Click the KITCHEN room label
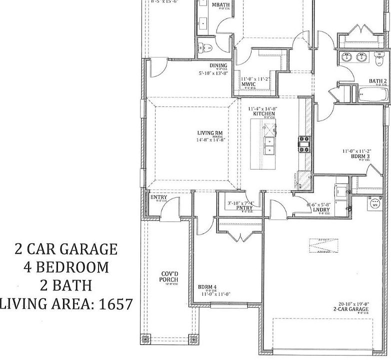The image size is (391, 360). click(264, 113)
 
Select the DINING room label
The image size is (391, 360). click(218, 65)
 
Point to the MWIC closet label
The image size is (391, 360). click(248, 84)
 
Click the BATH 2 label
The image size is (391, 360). click(378, 81)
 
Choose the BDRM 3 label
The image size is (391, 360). click(360, 156)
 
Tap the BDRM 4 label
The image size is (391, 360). click(207, 287)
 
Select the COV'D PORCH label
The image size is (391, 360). click(169, 276)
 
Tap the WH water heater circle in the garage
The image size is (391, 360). click(374, 204)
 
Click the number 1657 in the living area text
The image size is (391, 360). click(116, 303)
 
